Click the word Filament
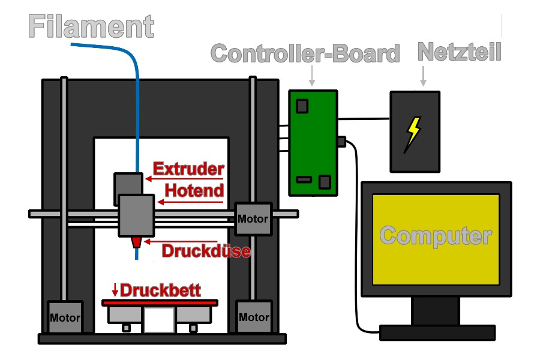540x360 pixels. [x=91, y=27]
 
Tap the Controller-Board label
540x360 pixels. [x=305, y=53]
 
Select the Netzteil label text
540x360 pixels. [x=459, y=52]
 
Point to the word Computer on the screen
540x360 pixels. [x=436, y=235]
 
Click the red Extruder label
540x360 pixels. [x=188, y=169]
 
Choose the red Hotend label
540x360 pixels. [x=194, y=191]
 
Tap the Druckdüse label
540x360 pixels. [x=206, y=250]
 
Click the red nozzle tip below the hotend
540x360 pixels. [x=137, y=241]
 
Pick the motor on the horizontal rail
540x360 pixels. [x=253, y=219]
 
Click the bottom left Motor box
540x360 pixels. [x=64, y=317]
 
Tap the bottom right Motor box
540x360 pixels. [x=253, y=317]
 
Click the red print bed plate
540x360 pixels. [x=160, y=303]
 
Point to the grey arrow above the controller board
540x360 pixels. [x=311, y=76]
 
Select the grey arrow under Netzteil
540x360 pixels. [x=424, y=76]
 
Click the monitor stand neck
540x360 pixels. [x=436, y=311]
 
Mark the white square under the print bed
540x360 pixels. [x=158, y=320]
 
